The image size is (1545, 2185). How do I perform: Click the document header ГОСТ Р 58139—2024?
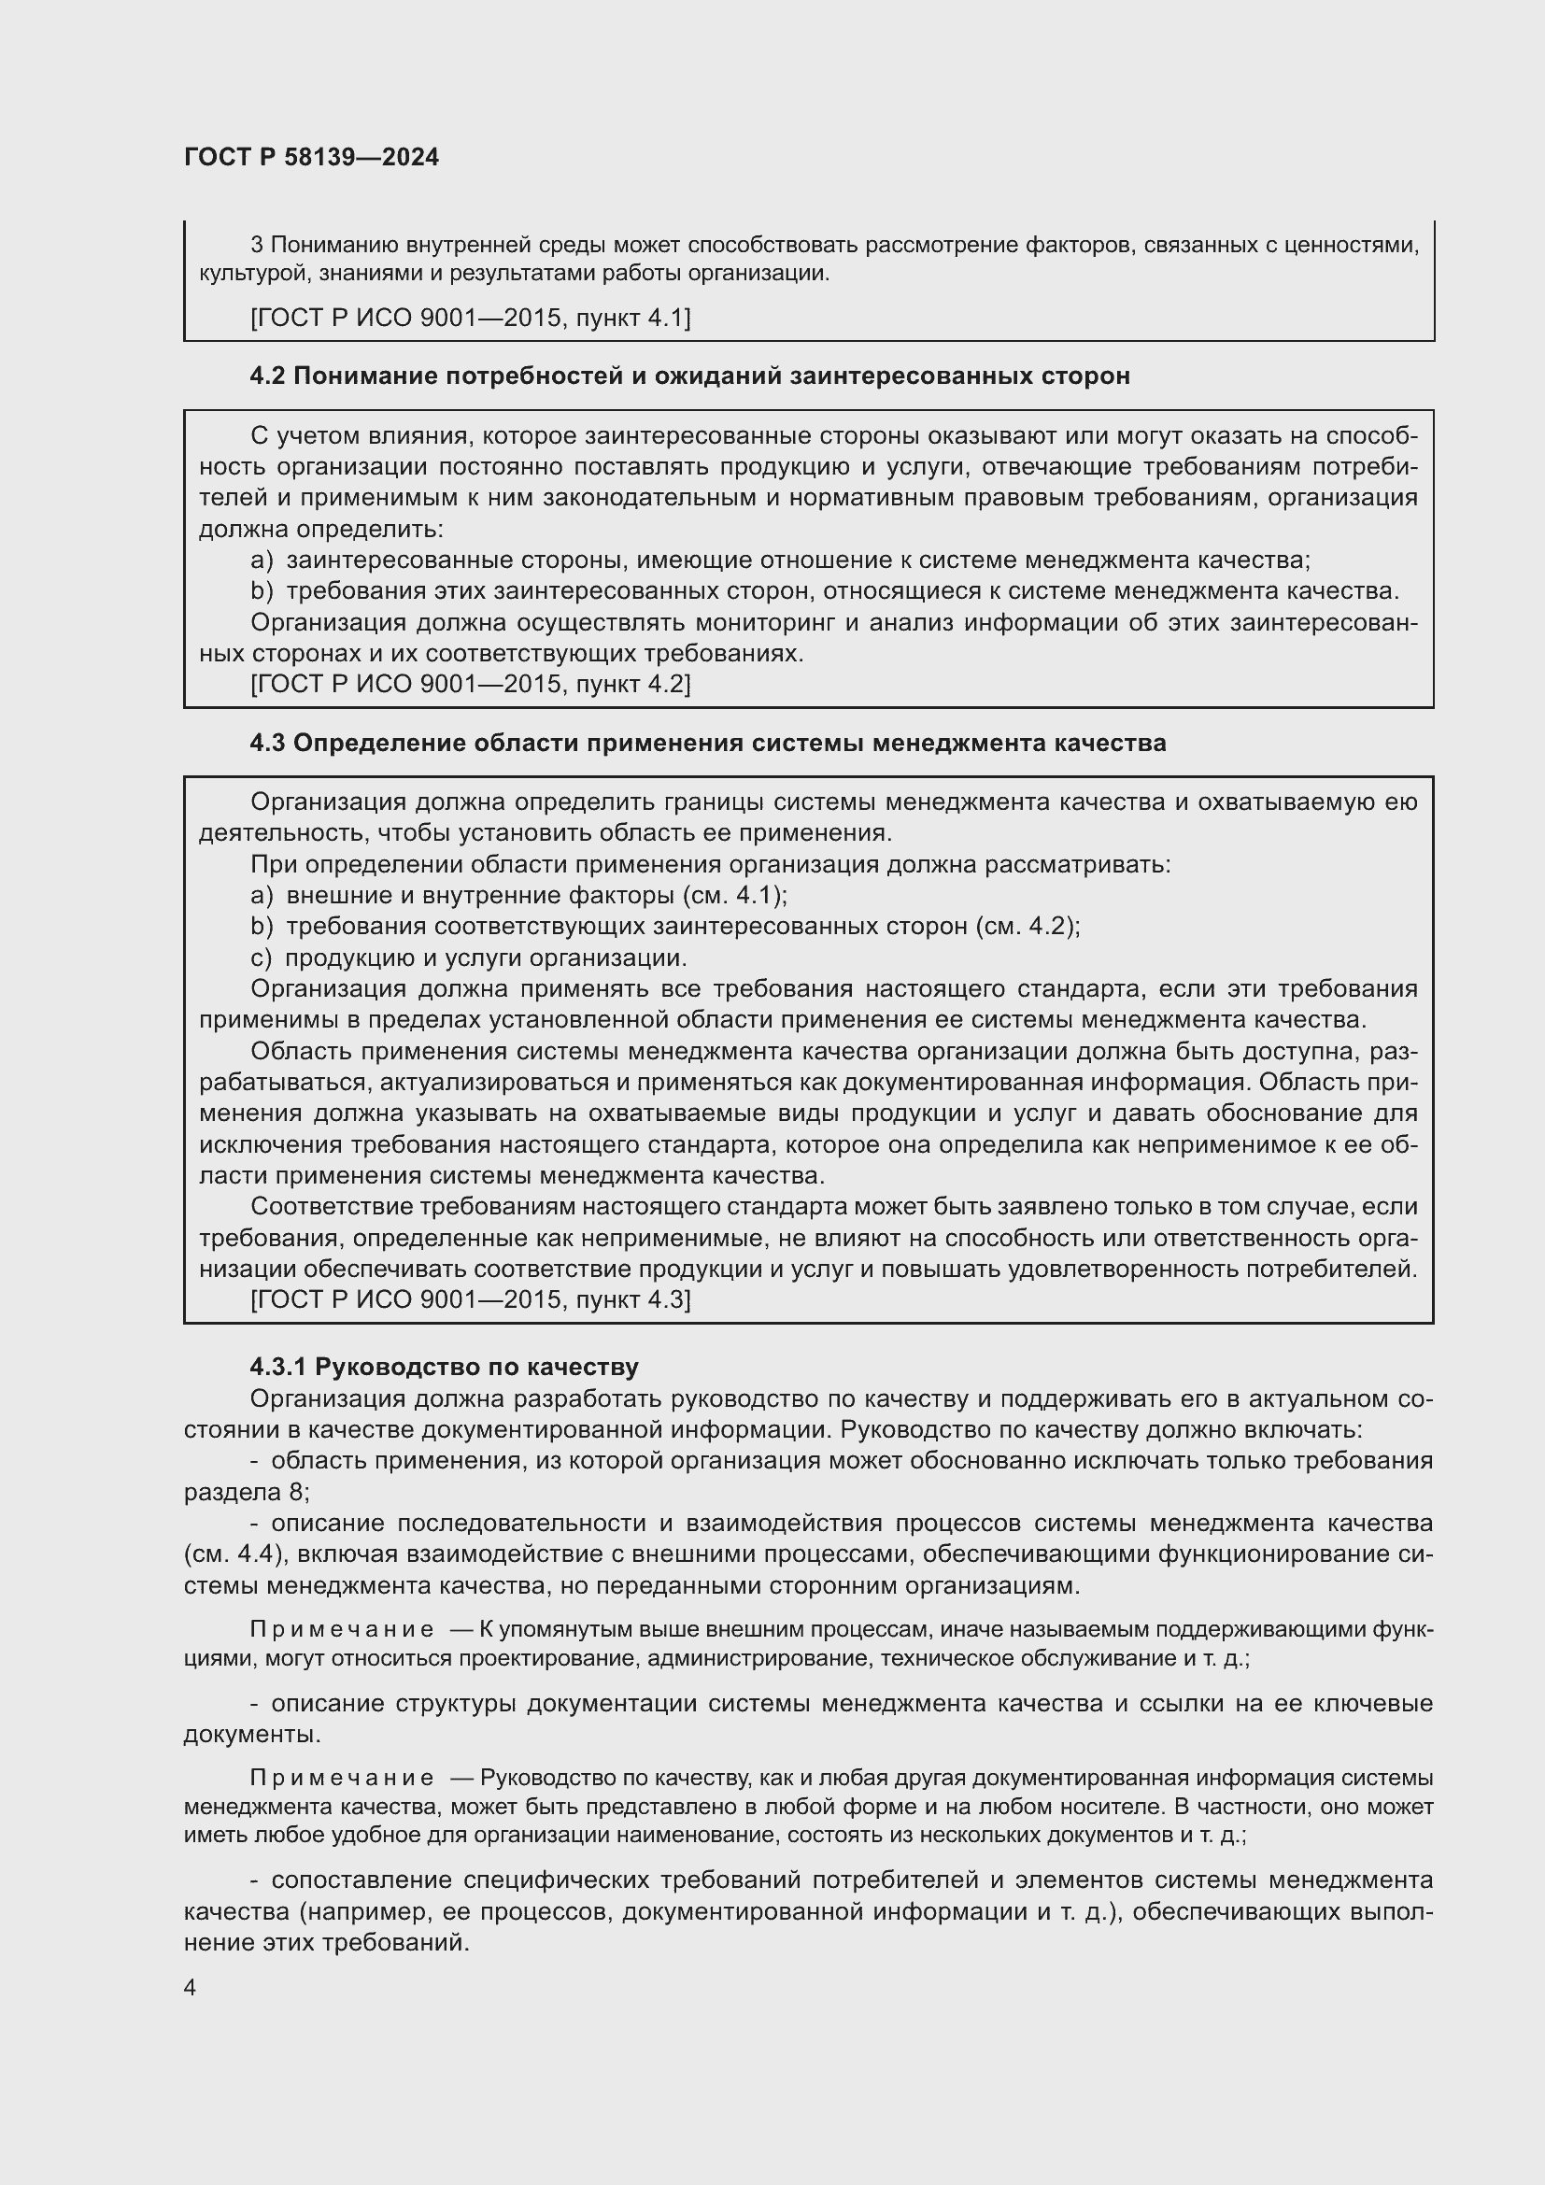point(311,157)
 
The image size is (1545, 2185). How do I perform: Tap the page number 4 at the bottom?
point(191,1988)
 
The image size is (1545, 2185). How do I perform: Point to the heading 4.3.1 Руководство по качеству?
point(444,1367)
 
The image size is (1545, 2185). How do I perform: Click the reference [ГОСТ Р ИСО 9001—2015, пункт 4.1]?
point(470,317)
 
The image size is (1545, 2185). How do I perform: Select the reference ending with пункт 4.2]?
point(470,683)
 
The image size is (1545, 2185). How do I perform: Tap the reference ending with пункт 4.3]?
point(470,1299)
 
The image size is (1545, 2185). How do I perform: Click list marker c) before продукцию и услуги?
point(261,958)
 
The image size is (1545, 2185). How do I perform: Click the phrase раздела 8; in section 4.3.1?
point(247,1491)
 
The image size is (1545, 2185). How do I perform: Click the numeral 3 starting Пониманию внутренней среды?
point(257,246)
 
